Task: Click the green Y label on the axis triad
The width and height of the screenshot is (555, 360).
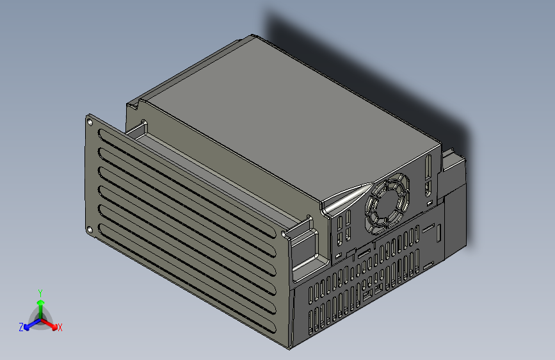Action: [40, 292]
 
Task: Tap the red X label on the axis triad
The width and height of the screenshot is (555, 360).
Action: [60, 328]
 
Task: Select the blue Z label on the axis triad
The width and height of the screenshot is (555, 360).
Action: [21, 327]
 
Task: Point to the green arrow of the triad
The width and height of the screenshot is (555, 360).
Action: [40, 304]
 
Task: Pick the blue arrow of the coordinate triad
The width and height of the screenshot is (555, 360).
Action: [29, 324]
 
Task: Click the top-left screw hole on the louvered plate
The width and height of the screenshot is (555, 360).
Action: [90, 120]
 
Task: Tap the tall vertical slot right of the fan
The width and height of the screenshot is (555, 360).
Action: [427, 168]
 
